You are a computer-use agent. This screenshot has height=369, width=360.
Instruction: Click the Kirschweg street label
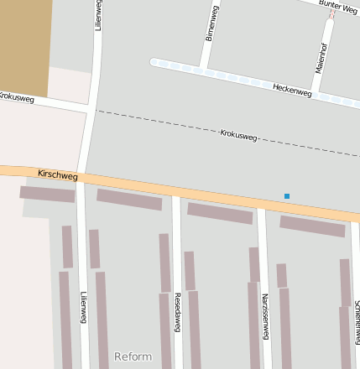[58, 176]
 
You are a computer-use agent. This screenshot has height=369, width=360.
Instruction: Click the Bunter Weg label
[339, 8]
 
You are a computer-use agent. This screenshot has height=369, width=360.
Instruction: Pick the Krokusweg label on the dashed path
[238, 134]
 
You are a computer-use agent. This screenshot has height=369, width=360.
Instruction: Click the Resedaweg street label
[177, 312]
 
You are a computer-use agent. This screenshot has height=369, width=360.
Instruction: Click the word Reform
[133, 357]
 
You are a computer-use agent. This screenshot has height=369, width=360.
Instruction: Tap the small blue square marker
[287, 196]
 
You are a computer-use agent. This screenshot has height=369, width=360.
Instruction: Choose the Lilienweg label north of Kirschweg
[98, 16]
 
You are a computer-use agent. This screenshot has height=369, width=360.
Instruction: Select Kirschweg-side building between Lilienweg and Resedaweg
[129, 200]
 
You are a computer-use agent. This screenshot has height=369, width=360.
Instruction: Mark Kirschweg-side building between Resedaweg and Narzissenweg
[220, 213]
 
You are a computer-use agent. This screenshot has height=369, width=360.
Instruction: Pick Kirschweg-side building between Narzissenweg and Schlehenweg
[312, 226]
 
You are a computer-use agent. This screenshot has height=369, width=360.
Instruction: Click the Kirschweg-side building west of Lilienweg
[47, 194]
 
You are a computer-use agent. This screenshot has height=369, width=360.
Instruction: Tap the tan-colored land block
[25, 46]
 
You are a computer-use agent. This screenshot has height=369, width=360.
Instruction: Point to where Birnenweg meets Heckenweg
[203, 69]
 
